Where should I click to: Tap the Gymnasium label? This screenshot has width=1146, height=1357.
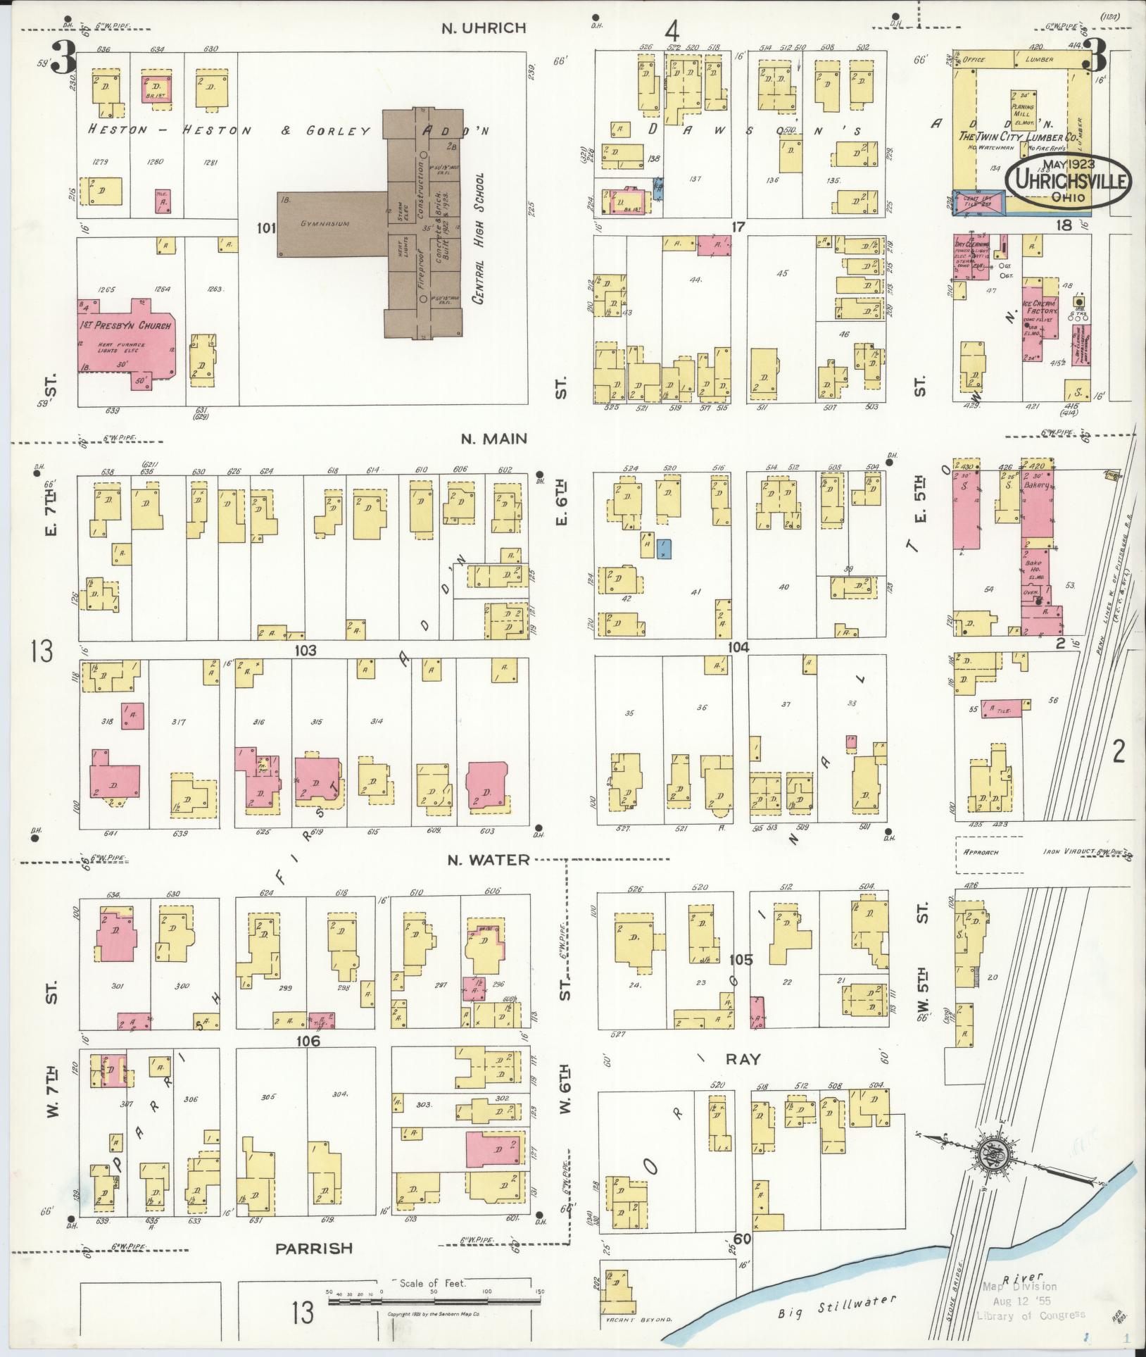click(x=325, y=223)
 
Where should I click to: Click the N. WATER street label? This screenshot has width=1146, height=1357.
click(x=489, y=859)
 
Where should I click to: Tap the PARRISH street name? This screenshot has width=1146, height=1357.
click(x=313, y=1248)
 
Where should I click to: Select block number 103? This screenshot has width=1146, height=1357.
click(x=306, y=651)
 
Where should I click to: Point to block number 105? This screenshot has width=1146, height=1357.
click(x=741, y=960)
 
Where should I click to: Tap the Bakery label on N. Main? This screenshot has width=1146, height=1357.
click(x=1038, y=485)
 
